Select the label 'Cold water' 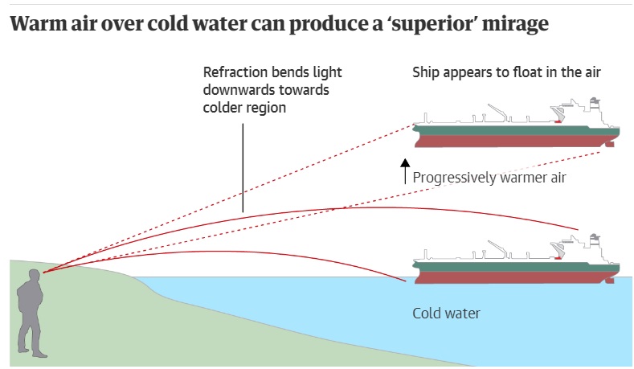446,313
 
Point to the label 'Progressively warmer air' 489,177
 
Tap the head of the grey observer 34,278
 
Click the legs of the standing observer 31,334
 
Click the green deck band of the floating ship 498,127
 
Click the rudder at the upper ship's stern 612,146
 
